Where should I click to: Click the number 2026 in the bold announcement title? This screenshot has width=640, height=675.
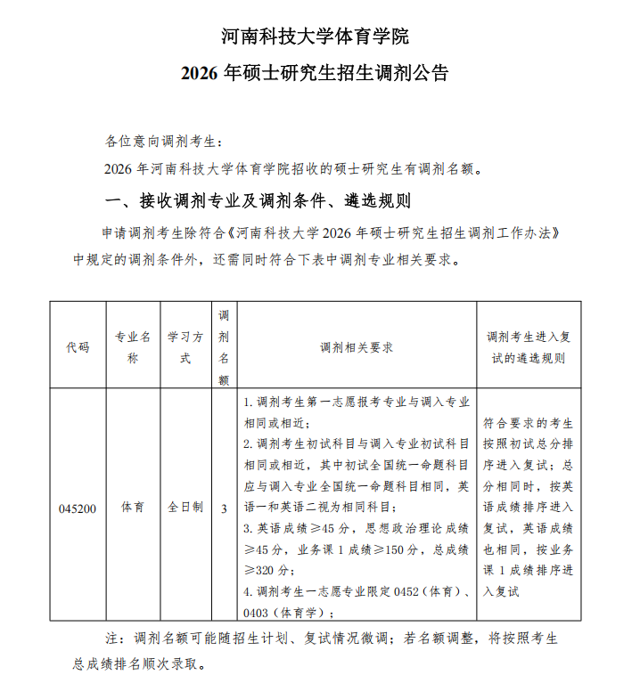pos(201,73)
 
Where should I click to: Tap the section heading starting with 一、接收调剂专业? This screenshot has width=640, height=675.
pos(264,199)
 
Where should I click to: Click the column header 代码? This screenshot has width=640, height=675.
pos(78,346)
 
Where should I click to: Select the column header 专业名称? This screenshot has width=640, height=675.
pos(132,346)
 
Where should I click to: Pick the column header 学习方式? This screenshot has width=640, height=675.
pos(185,346)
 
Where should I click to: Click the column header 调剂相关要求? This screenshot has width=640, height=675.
pos(357,346)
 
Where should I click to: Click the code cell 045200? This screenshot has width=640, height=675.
pos(78,508)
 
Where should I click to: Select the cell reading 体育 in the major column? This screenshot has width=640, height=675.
pos(132,508)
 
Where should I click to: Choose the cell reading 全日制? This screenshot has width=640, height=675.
pos(185,508)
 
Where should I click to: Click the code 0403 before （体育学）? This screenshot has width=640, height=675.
pos(256,613)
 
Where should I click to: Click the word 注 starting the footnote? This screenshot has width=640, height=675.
pos(111,638)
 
